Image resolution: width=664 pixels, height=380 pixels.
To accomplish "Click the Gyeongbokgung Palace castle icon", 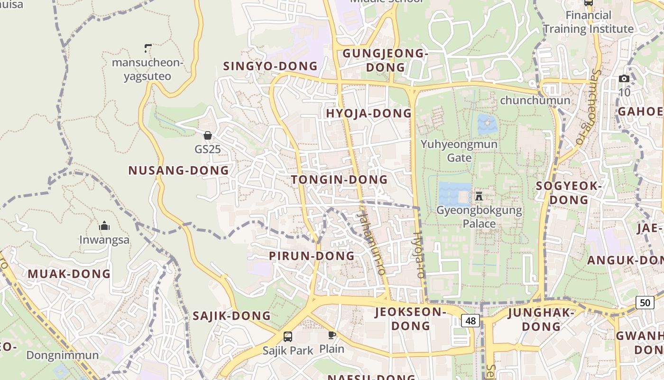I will pyautogui.click(x=479, y=196).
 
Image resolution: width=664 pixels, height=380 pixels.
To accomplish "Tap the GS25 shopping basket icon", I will pyautogui.click(x=207, y=135).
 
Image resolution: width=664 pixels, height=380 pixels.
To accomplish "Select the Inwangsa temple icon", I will pyautogui.click(x=104, y=226).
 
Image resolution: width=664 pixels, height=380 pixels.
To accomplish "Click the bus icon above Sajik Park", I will pyautogui.click(x=288, y=337).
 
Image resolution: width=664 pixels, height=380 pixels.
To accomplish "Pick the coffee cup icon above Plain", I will pyautogui.click(x=332, y=335).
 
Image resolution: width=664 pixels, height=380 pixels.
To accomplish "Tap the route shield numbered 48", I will pyautogui.click(x=470, y=321).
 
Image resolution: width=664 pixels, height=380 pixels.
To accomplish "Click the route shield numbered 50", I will pyautogui.click(x=645, y=303).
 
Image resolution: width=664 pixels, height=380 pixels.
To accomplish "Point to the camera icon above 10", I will pyautogui.click(x=624, y=78).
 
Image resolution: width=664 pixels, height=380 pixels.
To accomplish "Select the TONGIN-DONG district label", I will pyautogui.click(x=339, y=180).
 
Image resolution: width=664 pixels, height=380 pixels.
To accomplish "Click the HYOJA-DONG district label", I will pyautogui.click(x=369, y=113).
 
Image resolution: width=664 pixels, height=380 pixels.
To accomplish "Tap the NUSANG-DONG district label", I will pyautogui.click(x=178, y=170).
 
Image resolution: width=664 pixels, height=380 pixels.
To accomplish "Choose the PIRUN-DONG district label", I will pyautogui.click(x=312, y=256).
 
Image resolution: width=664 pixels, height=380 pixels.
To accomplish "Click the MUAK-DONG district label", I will pyautogui.click(x=69, y=274).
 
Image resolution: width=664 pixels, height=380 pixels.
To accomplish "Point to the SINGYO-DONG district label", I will pyautogui.click(x=270, y=66).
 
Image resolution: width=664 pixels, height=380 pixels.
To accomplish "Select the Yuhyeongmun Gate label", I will pyautogui.click(x=459, y=151).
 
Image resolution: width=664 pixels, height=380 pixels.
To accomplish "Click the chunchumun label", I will pyautogui.click(x=535, y=100).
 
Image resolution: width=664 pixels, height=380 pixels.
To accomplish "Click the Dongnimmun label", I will pyautogui.click(x=63, y=355).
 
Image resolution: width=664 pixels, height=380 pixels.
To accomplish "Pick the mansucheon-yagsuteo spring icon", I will pyautogui.click(x=148, y=48).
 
